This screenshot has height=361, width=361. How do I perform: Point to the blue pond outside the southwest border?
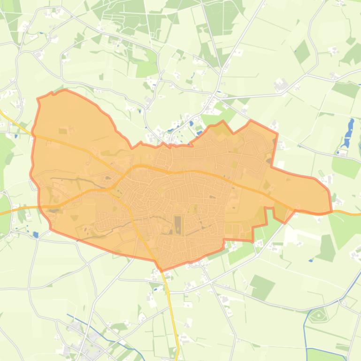tap(36, 234)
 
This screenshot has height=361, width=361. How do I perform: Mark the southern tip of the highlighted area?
tap(161, 270)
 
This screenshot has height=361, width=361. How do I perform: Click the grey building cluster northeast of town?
tap(281, 85)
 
